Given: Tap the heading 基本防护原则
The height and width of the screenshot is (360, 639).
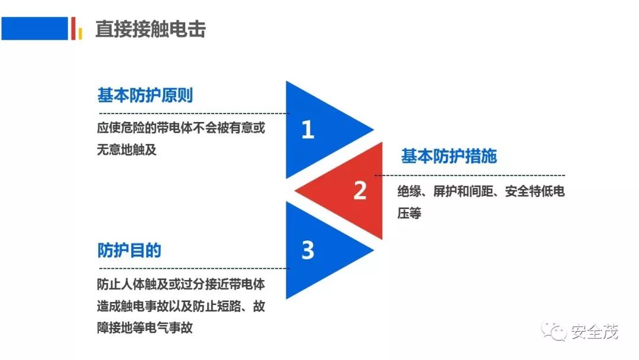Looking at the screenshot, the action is (146, 95).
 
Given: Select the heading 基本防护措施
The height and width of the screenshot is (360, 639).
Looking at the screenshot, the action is (449, 156).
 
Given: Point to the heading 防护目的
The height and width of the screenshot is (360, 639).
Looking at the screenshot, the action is (129, 250).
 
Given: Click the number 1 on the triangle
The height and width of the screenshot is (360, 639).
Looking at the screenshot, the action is (308, 130).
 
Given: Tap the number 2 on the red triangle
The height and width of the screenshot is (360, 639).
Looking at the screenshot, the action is (360, 191).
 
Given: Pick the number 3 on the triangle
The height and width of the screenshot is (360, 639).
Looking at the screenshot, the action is (308, 250).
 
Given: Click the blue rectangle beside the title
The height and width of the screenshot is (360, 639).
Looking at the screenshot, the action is (34, 28).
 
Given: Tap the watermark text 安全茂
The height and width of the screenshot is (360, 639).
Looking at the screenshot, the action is (595, 332).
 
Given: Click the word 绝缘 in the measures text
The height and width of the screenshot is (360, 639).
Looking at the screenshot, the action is (409, 192).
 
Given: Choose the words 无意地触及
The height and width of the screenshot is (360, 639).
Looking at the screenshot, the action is (127, 149).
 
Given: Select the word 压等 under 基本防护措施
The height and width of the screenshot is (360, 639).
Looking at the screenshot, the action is (409, 213).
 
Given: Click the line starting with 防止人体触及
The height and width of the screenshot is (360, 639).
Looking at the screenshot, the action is (180, 284).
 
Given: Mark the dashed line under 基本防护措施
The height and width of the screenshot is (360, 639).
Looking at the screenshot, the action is (470, 175).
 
